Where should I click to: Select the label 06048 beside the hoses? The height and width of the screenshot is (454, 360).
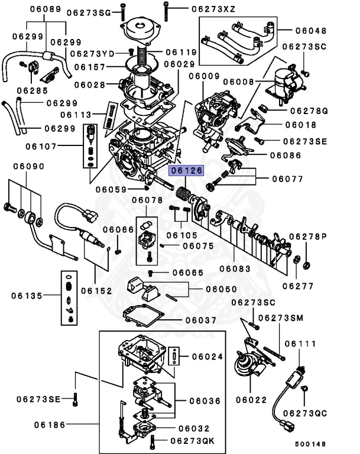[x=310, y=30]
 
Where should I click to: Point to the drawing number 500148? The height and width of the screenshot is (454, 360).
[x=310, y=443]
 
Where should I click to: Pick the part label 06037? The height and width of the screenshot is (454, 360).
[x=200, y=320]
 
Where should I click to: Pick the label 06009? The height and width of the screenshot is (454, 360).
[x=205, y=76]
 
